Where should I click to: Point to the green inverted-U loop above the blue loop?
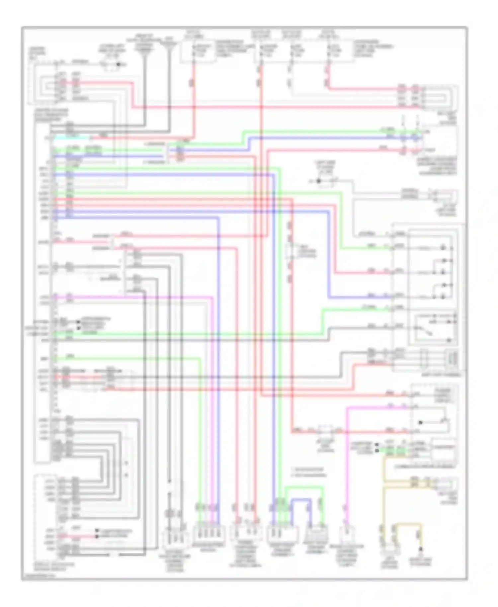[x=304, y=488]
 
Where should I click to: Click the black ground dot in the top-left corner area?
[x=119, y=64]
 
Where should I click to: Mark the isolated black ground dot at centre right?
[x=319, y=181]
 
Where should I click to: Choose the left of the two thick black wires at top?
[x=145, y=90]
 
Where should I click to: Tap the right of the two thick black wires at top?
[x=169, y=90]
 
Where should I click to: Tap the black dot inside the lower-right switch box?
[x=421, y=422]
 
